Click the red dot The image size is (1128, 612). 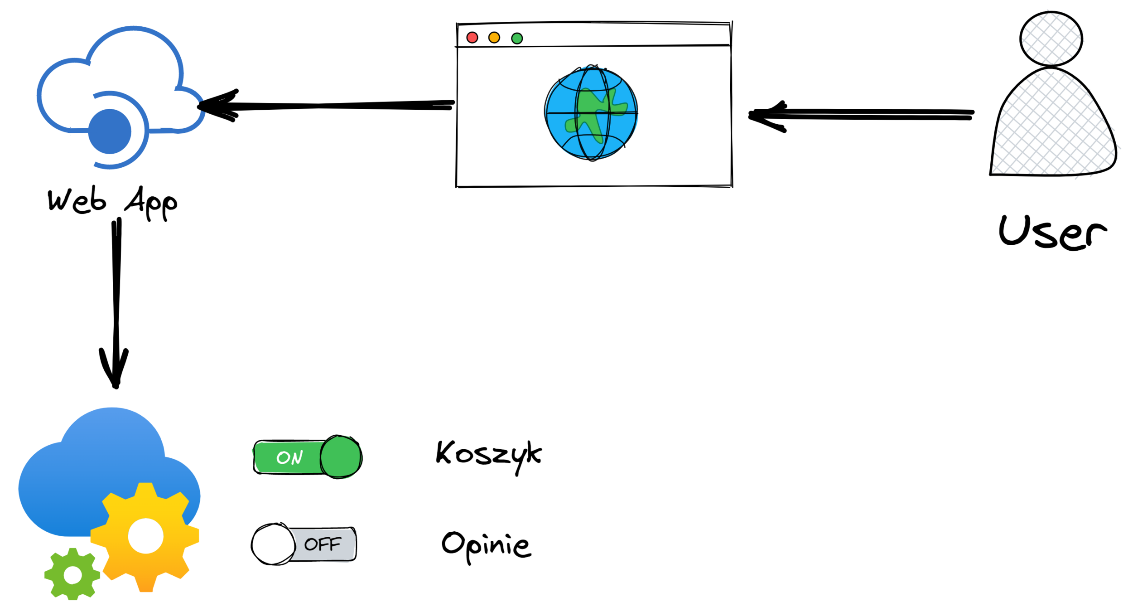point(472,38)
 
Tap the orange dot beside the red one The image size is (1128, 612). point(494,38)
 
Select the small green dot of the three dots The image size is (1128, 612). point(517,39)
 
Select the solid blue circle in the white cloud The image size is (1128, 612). point(110,131)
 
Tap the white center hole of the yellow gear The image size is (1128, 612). point(146,536)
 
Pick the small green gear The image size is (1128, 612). point(72,574)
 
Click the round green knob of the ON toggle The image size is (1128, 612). point(341,457)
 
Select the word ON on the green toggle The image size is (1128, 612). point(289,458)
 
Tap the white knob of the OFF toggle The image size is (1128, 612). point(274,544)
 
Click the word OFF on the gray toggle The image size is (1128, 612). point(323,544)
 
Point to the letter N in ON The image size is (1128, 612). point(296,458)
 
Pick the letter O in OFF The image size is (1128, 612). point(311,544)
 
